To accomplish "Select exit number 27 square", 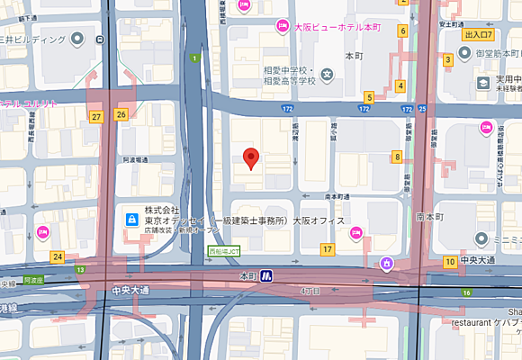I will pos(96,116).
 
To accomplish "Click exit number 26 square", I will pos(121,114).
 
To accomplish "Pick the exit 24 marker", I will pos(58,257).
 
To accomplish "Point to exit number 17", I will pos(328,248).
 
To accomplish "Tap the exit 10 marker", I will pos(449,262).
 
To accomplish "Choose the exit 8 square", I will pos(396,157).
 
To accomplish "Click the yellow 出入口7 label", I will pos(480,35).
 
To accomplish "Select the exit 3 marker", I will pos(447,59).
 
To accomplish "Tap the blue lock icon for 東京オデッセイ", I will pos(130,219).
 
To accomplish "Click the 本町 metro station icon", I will pos(266,276).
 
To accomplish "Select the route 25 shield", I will pos(421,109).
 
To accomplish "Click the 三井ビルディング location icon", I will pos(77,38).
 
